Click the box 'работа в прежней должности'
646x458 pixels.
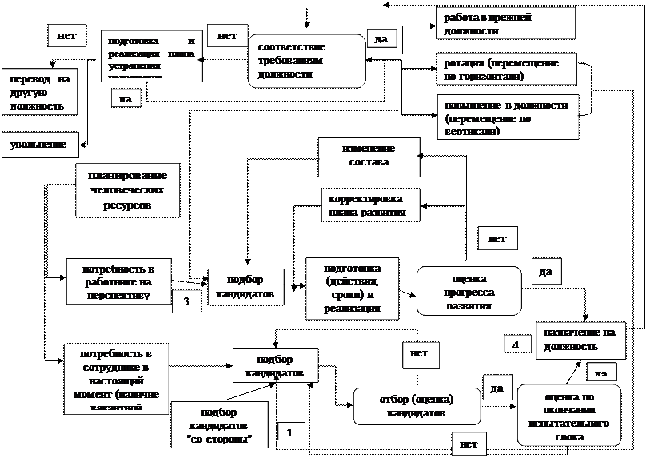tap(505, 23)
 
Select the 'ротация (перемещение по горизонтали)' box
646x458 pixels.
tap(505, 70)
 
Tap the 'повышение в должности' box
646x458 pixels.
tap(507, 117)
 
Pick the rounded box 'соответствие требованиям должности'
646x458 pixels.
tap(306, 61)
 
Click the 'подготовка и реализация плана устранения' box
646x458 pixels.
tap(151, 56)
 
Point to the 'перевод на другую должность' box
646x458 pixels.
tap(39, 92)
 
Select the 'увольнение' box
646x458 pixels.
tap(39, 145)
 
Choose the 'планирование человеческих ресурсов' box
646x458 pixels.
tap(127, 190)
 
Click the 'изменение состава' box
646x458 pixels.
tap(368, 157)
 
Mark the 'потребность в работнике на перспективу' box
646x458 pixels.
tap(119, 281)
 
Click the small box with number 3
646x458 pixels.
tap(186, 301)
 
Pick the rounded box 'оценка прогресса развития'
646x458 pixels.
tap(469, 291)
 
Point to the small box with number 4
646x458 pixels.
tap(516, 344)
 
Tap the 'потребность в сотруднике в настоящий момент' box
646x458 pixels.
tap(119, 378)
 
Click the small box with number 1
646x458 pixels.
tap(290, 431)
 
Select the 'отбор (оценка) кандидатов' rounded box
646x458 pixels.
tap(417, 407)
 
